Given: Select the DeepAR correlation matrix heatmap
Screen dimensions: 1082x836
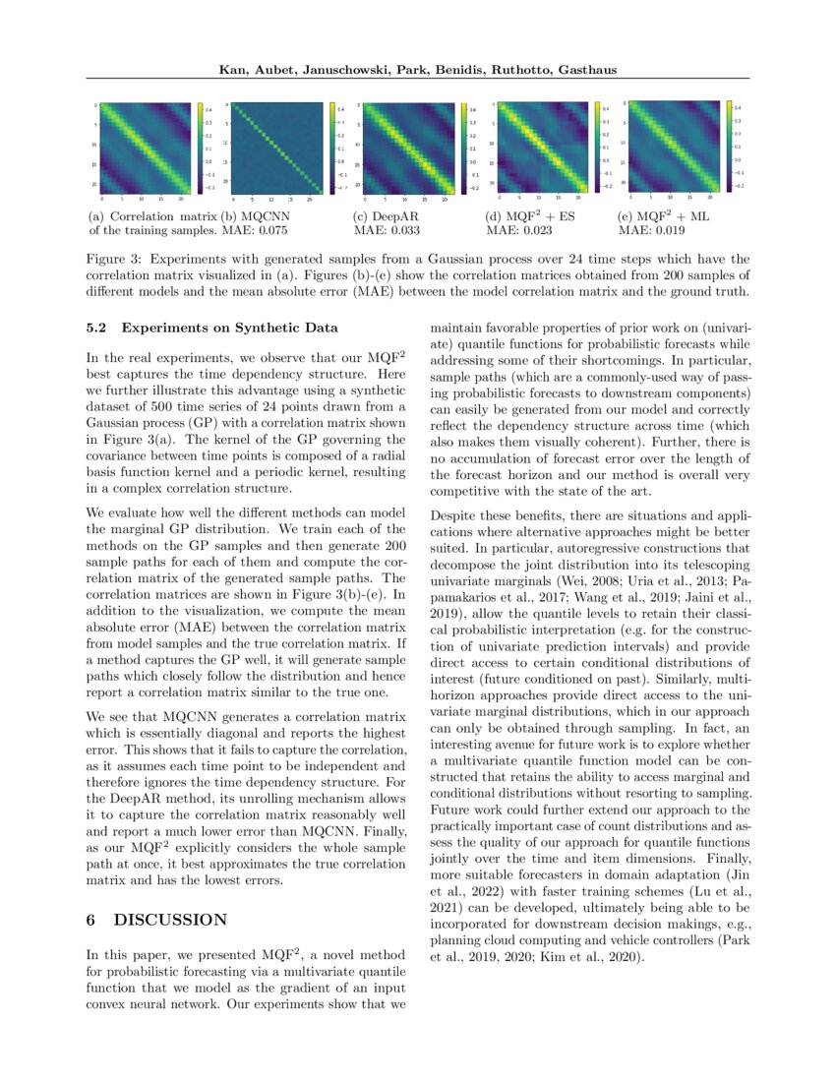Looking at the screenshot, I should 405,148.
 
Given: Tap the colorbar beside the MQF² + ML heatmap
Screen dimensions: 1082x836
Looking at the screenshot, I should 729,144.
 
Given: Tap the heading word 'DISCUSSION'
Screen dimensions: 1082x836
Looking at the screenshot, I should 171,920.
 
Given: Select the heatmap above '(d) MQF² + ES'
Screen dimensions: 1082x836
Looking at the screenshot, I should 539,148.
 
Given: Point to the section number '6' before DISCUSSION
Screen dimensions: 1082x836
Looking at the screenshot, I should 90,920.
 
